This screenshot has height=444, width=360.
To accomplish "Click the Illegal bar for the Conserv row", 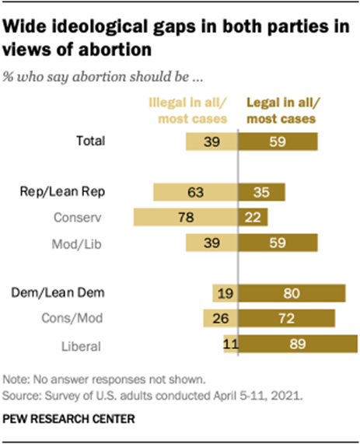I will point(184,217).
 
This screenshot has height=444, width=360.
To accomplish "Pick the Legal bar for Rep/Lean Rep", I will point(261,191).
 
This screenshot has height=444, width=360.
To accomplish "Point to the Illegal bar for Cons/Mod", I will point(219,319).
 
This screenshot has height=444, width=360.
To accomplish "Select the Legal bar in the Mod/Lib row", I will point(277,243).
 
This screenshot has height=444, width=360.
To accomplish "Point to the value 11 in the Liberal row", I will point(229,344).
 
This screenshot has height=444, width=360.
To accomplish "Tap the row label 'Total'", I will point(110,141).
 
